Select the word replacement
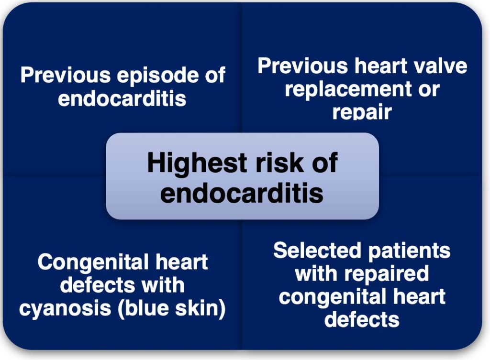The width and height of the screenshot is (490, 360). [x=347, y=89]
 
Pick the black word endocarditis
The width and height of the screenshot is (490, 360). [x=242, y=193]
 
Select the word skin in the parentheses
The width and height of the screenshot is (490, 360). [x=200, y=308]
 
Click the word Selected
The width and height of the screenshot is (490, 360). [x=317, y=251]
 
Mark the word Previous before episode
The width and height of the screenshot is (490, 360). [x=65, y=75]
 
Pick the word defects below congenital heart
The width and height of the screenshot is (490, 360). [x=362, y=319]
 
